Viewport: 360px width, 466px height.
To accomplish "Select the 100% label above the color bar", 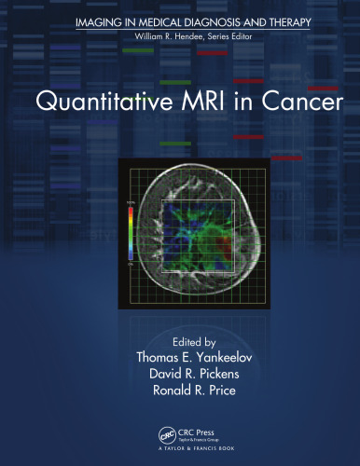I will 131,202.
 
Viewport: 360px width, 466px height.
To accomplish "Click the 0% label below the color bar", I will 132,267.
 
